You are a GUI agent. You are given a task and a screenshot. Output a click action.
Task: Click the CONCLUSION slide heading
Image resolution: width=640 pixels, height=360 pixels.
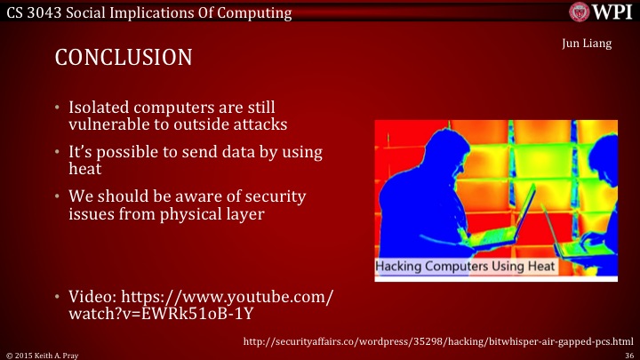(124, 59)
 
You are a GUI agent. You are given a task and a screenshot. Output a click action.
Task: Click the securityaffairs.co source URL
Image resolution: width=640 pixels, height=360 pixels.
(439, 341)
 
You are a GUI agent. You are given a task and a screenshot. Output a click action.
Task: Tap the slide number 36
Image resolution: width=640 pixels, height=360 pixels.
(628, 354)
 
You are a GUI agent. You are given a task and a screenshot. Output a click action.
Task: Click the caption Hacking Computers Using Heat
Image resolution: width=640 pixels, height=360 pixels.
(464, 266)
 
